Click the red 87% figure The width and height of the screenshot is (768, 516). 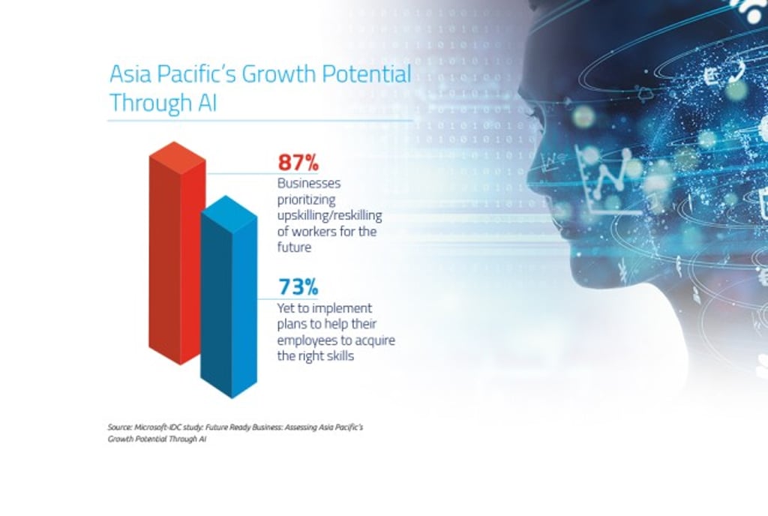click(298, 162)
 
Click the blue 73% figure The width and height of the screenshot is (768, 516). click(298, 287)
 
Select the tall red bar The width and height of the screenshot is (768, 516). click(177, 253)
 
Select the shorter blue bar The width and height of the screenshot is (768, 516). click(229, 297)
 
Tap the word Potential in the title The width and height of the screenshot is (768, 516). click(366, 74)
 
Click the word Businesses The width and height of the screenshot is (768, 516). click(309, 183)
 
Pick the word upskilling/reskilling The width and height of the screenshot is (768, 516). click(330, 216)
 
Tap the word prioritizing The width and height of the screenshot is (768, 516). click(307, 199)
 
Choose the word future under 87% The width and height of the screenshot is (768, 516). click(294, 247)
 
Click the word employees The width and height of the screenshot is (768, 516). click(308, 340)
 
